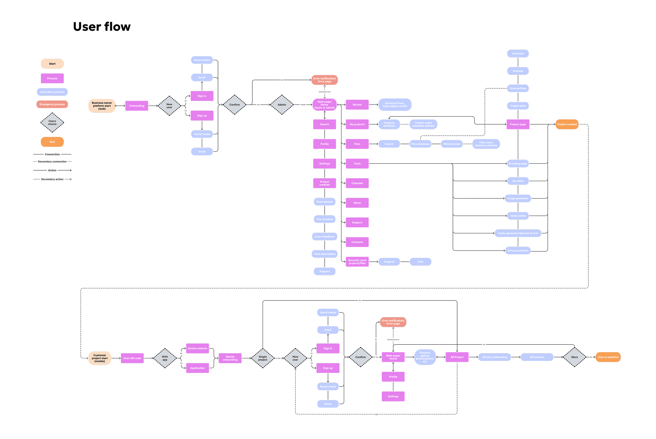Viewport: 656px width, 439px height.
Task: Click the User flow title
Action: (102, 27)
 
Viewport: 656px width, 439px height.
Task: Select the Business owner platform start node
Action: (102, 106)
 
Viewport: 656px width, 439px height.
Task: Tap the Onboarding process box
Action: (137, 106)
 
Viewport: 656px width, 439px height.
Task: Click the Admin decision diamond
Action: (282, 105)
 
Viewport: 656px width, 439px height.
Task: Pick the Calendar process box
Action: (357, 183)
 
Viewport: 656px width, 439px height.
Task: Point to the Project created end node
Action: (567, 124)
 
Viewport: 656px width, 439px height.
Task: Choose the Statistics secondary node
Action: (518, 54)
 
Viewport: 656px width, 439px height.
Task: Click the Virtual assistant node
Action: (518, 250)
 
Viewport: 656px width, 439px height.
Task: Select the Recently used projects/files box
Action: (357, 262)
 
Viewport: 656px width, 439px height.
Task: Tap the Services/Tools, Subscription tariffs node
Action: (395, 105)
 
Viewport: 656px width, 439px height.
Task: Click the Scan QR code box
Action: (132, 358)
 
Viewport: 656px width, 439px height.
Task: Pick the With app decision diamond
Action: (165, 358)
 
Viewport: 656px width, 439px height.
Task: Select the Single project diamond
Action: (263, 358)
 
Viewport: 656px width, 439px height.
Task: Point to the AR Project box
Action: (457, 357)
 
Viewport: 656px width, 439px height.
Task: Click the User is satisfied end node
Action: (608, 357)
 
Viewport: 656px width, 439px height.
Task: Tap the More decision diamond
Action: (574, 357)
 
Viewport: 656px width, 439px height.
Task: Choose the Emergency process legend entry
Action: (52, 104)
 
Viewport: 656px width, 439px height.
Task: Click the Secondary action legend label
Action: (52, 179)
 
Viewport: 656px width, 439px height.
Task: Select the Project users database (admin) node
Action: (423, 124)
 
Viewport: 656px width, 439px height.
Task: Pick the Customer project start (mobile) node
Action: (100, 358)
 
